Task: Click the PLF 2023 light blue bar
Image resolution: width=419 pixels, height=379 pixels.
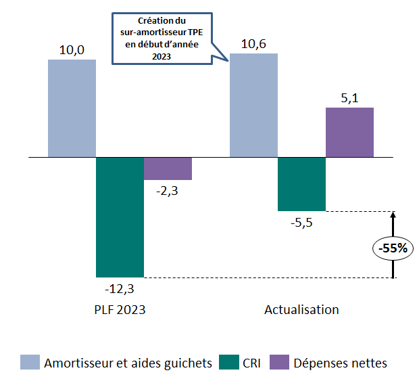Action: tap(72, 108)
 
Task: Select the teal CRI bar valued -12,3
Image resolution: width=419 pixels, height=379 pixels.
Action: tap(120, 217)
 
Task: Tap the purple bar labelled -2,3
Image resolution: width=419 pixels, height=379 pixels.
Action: tap(168, 169)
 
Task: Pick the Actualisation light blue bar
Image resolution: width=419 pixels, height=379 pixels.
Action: tap(254, 105)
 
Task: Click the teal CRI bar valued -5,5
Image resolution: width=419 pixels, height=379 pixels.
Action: tap(302, 184)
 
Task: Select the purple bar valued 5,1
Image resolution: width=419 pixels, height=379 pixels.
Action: tap(349, 132)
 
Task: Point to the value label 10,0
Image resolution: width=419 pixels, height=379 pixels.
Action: tap(72, 49)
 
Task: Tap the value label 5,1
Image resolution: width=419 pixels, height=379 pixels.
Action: tap(349, 97)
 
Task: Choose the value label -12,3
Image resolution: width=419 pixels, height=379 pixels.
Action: tap(120, 288)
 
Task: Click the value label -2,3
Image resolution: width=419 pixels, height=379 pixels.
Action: tap(168, 191)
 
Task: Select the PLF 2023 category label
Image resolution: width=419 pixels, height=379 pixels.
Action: tap(120, 310)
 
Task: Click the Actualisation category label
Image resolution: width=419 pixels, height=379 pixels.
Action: tap(301, 310)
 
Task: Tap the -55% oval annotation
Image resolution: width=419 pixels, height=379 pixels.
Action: tap(393, 248)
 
